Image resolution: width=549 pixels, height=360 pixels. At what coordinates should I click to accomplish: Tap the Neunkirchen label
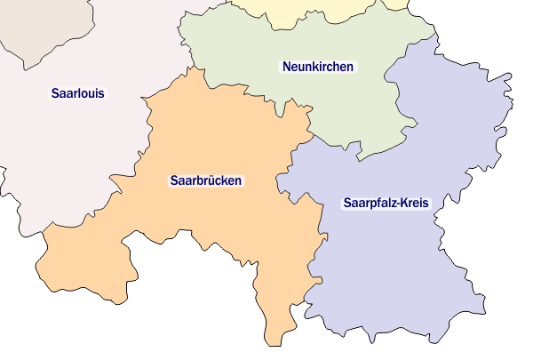click(317, 67)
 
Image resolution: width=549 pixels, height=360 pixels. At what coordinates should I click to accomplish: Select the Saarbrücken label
click(205, 180)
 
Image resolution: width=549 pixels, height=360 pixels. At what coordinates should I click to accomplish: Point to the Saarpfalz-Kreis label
click(386, 203)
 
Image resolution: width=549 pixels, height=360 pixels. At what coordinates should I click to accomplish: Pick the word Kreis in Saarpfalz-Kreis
click(415, 203)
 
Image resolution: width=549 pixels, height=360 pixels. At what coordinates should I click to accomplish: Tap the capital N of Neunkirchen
click(287, 67)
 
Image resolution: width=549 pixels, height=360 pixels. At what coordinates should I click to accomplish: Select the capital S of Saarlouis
click(55, 92)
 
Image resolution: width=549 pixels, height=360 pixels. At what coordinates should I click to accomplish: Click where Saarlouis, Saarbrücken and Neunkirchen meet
click(189, 68)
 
